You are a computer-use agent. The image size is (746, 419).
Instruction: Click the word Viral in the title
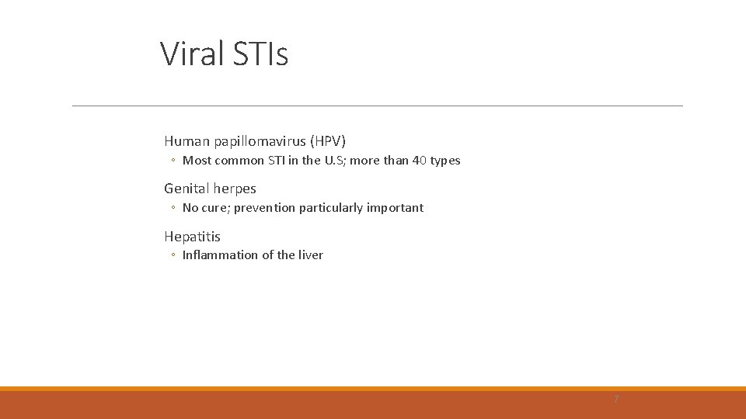[x=192, y=54]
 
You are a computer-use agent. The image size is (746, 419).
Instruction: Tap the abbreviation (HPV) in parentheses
[x=328, y=141]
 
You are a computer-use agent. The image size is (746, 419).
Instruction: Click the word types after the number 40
[x=445, y=161]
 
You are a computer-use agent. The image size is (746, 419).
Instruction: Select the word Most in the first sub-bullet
[x=196, y=161]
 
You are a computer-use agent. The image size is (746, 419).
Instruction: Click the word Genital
[x=186, y=189]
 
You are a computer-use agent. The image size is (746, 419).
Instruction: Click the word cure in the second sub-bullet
[x=216, y=208]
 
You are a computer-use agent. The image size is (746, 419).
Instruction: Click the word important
[x=396, y=208]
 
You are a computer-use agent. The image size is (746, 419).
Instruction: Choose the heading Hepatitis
[x=192, y=237]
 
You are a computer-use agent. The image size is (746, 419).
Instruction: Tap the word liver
[x=311, y=255]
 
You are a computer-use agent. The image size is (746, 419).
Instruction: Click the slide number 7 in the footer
[x=616, y=400]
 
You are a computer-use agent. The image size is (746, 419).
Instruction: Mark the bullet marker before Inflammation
[x=173, y=255]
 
